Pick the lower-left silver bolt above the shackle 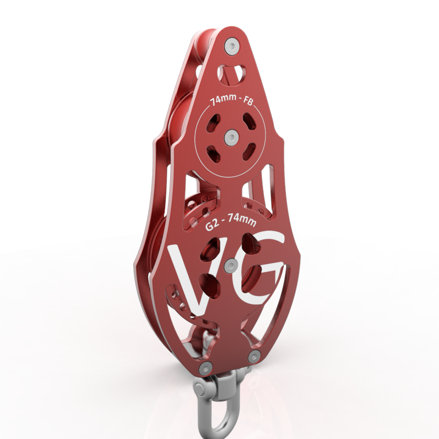(x=206, y=368)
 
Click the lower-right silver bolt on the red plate (x=254, y=357)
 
